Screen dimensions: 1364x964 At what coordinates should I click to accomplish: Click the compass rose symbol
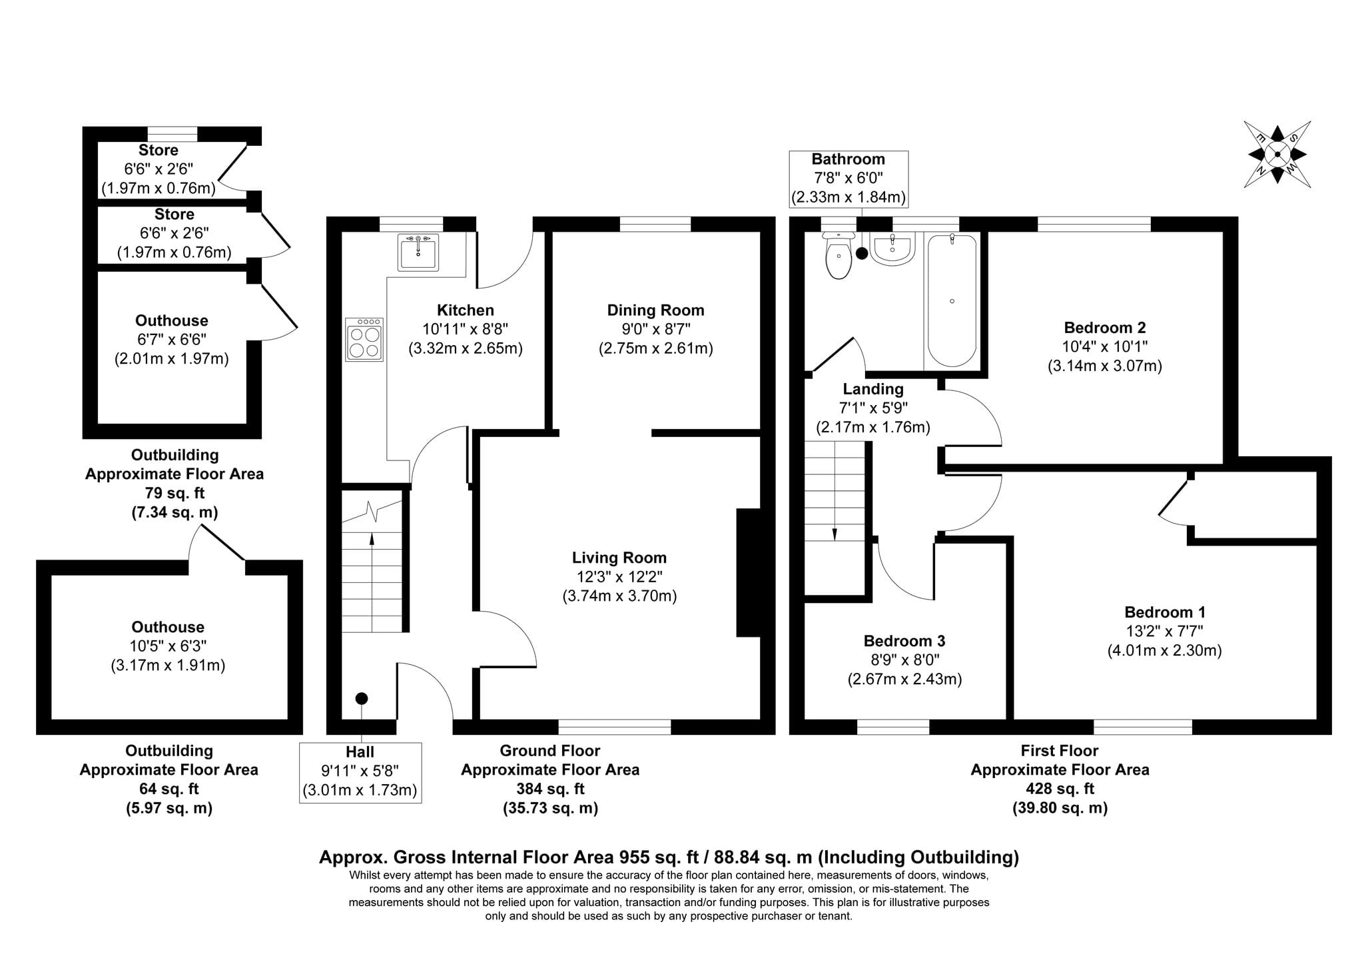pyautogui.click(x=1277, y=154)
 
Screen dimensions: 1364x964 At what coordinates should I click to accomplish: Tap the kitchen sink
pyautogui.click(x=418, y=252)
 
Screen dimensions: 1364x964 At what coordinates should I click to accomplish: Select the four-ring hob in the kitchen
pyautogui.click(x=364, y=339)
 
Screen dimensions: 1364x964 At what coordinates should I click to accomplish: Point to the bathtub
pyautogui.click(x=952, y=300)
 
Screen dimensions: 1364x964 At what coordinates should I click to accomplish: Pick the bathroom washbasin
pyautogui.click(x=892, y=248)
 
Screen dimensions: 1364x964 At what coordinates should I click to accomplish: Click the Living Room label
pyautogui.click(x=619, y=558)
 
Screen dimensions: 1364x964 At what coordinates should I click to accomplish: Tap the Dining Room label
pyautogui.click(x=655, y=310)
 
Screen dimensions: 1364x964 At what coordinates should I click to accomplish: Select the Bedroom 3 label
pyautogui.click(x=904, y=641)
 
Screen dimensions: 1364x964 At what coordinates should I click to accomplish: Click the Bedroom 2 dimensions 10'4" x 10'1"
pyautogui.click(x=1105, y=346)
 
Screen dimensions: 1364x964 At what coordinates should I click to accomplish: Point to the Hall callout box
pyautogui.click(x=360, y=772)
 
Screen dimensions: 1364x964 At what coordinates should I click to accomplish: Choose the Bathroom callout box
pyautogui.click(x=849, y=179)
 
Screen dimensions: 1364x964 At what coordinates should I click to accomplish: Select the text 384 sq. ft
pyautogui.click(x=550, y=789)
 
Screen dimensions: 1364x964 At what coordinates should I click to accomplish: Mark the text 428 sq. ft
pyautogui.click(x=1060, y=789)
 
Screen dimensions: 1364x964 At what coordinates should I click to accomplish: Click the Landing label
pyautogui.click(x=873, y=389)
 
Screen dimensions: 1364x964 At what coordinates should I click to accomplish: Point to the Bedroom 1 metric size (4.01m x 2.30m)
pyautogui.click(x=1165, y=650)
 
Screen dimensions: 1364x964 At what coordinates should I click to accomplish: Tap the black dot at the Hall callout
pyautogui.click(x=362, y=699)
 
